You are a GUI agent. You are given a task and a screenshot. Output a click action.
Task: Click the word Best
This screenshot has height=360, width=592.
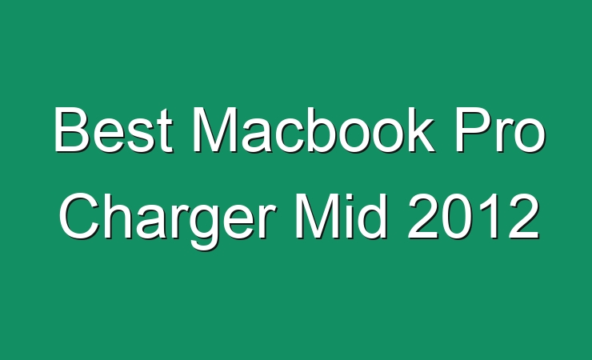(x=114, y=130)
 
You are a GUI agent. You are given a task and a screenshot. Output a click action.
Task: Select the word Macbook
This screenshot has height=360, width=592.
(x=314, y=130)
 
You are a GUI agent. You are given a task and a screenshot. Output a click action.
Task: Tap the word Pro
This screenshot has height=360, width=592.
(x=500, y=130)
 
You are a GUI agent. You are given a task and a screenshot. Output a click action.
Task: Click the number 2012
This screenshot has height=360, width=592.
(x=473, y=216)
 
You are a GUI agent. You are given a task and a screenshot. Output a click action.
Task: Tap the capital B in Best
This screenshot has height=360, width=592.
(x=72, y=130)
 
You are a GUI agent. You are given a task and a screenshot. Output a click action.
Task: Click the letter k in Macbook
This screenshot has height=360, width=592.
(x=419, y=130)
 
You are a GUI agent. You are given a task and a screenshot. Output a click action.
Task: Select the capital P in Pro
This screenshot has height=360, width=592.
(x=473, y=130)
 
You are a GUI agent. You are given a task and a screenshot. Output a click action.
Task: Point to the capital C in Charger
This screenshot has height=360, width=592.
(x=78, y=216)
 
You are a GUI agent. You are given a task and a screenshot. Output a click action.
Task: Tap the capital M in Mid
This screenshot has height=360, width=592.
(x=316, y=216)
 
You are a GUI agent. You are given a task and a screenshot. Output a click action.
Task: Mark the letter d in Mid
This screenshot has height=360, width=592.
(x=372, y=216)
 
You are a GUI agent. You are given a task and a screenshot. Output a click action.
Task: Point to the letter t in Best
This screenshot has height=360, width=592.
(x=165, y=133)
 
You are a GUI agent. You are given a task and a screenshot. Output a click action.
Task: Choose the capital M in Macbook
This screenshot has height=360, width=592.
(x=214, y=130)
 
